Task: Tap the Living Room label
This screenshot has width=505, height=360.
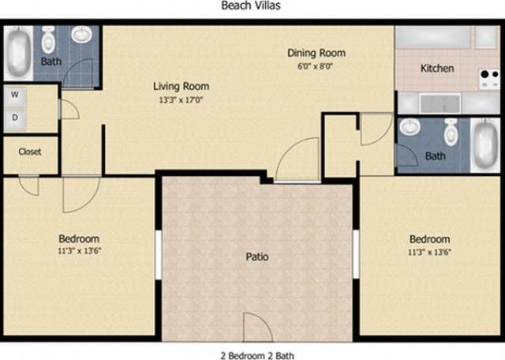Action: pyautogui.click(x=181, y=86)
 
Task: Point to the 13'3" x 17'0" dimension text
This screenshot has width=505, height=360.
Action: pyautogui.click(x=181, y=100)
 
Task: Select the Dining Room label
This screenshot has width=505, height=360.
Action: pyautogui.click(x=316, y=54)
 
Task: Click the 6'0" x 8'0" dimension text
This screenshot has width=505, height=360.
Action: pyautogui.click(x=316, y=67)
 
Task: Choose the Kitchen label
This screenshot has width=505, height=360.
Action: pyautogui.click(x=436, y=68)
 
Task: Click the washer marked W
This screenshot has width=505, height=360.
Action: pyautogui.click(x=15, y=94)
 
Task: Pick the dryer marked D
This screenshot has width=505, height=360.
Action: pyautogui.click(x=15, y=118)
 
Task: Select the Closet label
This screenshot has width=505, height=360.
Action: pyautogui.click(x=29, y=152)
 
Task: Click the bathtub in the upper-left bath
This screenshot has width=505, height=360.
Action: pyautogui.click(x=19, y=51)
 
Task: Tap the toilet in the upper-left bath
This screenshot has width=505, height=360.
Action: pyautogui.click(x=50, y=38)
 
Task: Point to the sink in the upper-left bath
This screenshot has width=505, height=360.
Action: pyautogui.click(x=81, y=35)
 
